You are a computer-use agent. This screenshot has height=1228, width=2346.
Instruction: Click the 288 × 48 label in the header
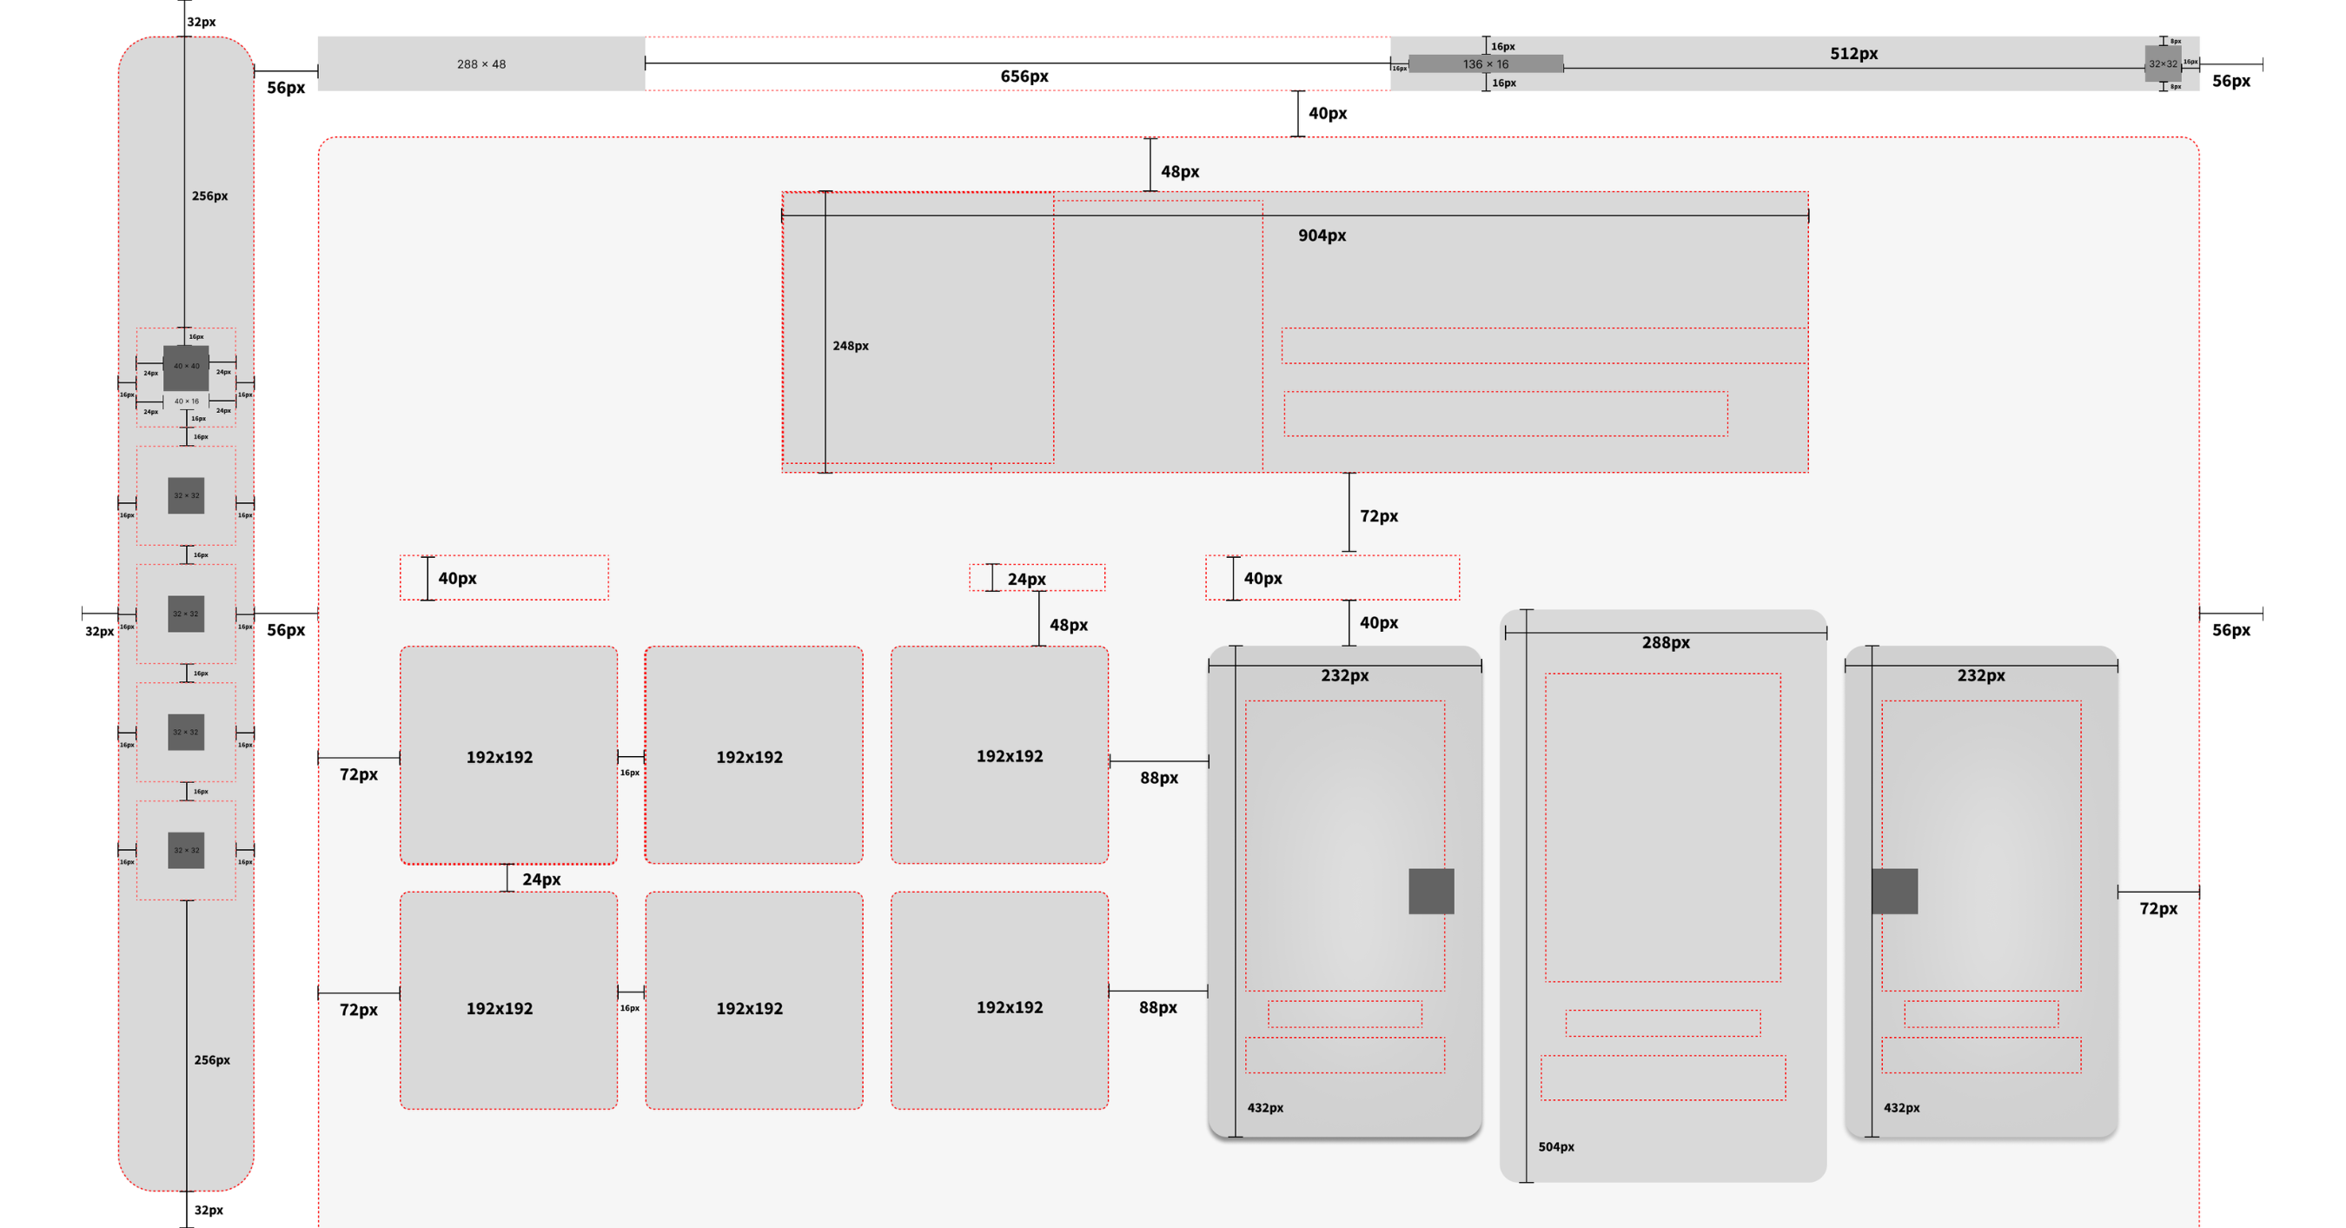click(480, 63)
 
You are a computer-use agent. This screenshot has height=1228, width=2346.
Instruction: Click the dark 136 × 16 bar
click(1486, 63)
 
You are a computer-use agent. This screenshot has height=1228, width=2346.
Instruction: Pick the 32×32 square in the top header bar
click(2163, 63)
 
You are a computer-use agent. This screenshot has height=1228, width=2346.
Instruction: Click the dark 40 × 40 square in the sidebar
click(186, 367)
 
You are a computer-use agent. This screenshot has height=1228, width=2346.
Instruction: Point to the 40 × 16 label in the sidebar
click(186, 401)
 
